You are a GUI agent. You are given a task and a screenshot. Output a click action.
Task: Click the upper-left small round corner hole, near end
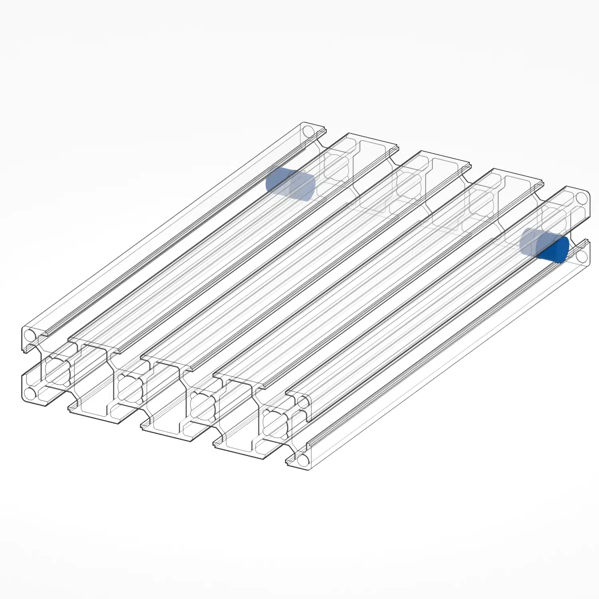(30, 335)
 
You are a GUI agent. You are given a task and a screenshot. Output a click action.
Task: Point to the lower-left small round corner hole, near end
(30, 394)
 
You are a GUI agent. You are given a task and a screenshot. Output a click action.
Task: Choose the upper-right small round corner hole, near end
(303, 403)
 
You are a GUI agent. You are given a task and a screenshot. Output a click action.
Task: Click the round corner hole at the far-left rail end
(308, 131)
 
